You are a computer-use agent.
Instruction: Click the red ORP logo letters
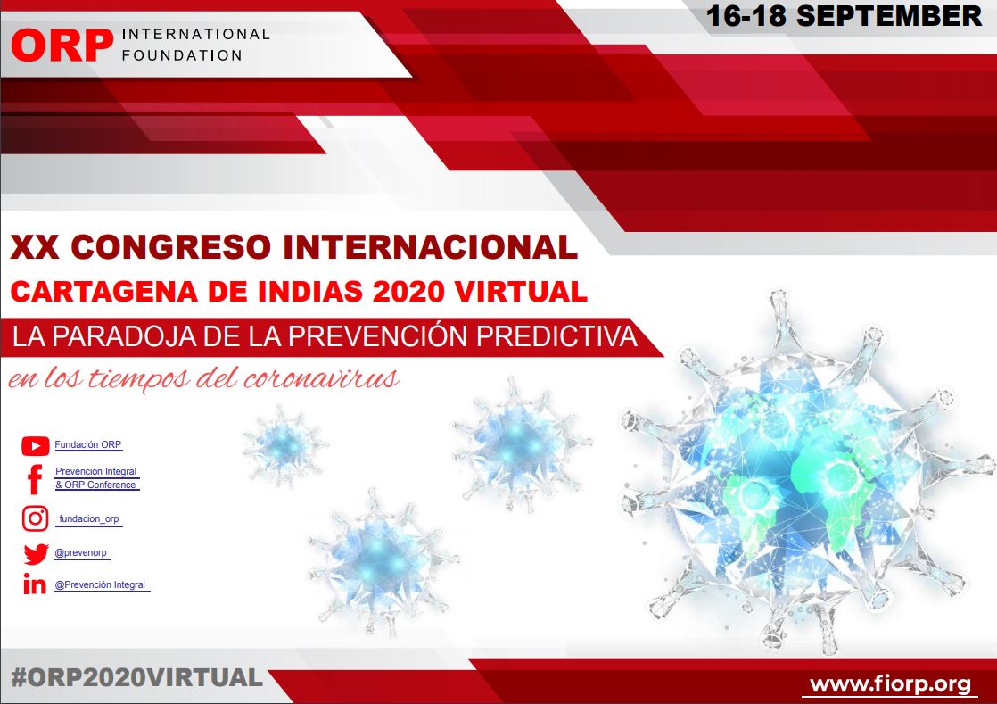pos(62,46)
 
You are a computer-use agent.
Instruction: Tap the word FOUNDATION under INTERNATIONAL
pos(182,55)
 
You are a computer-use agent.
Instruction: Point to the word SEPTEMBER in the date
pos(889,16)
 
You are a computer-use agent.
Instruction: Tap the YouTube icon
pos(35,446)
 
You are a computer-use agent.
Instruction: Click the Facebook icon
pos(35,479)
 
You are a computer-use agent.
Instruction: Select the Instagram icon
pos(35,519)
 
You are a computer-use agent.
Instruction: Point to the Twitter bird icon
pos(36,554)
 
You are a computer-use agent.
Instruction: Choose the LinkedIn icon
pos(35,584)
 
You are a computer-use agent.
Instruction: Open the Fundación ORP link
pos(87,444)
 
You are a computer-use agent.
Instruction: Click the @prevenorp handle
pos(81,552)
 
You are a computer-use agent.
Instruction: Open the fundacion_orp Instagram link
pos(89,519)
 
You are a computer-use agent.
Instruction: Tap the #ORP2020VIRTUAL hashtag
pos(136,677)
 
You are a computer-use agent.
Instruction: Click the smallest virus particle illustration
pos(284,444)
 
